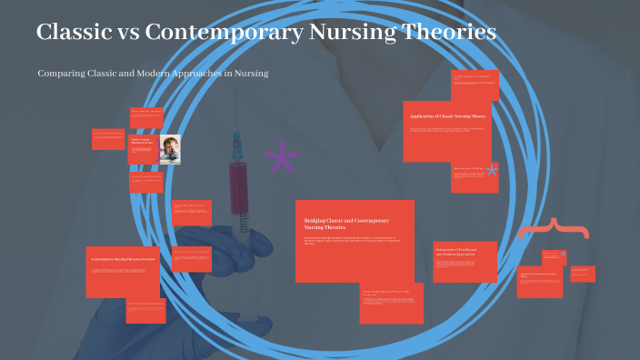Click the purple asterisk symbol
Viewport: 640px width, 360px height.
tap(282, 159)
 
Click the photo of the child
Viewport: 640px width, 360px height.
tap(169, 149)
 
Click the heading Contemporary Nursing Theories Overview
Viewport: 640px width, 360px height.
tap(125, 260)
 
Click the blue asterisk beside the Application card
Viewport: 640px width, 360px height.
tap(492, 170)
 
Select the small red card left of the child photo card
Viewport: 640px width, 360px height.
tap(107, 139)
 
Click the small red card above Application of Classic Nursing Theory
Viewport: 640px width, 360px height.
tap(475, 86)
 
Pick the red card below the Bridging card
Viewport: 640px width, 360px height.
tap(391, 304)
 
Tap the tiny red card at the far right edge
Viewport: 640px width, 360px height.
tap(583, 274)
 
